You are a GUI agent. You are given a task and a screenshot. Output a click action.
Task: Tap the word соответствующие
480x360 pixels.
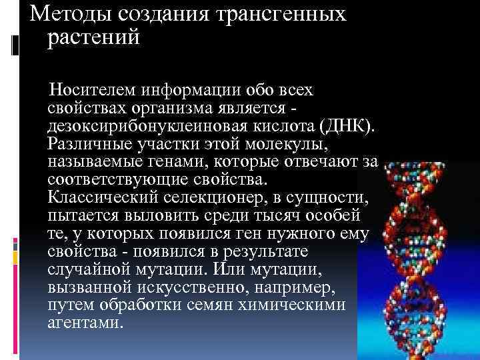pos(113,180)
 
